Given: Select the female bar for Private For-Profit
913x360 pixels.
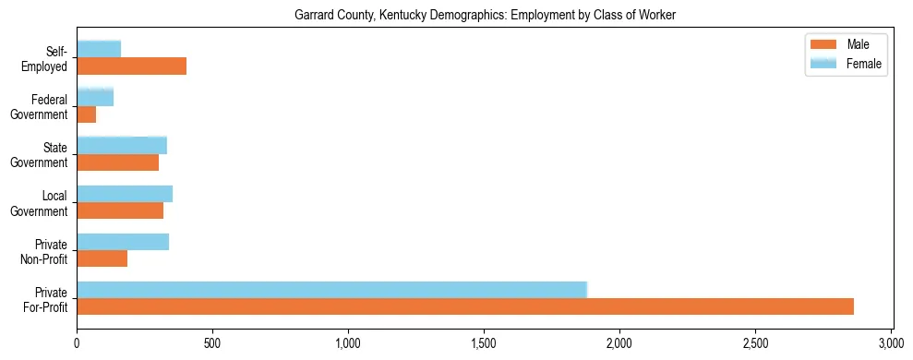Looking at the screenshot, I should [x=332, y=290].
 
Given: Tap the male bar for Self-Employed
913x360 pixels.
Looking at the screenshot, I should [x=132, y=66].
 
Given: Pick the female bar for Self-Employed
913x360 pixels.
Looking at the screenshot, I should [x=99, y=49].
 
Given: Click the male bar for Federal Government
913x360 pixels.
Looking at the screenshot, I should [x=87, y=114].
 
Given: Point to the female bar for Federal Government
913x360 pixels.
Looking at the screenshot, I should [x=95, y=97].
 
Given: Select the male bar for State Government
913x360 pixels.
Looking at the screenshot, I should [x=118, y=162].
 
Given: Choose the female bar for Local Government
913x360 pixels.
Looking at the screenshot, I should [x=125, y=194].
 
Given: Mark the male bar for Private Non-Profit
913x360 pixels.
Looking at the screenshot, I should [x=102, y=258].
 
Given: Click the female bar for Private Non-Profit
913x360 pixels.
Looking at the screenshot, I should [x=123, y=242].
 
